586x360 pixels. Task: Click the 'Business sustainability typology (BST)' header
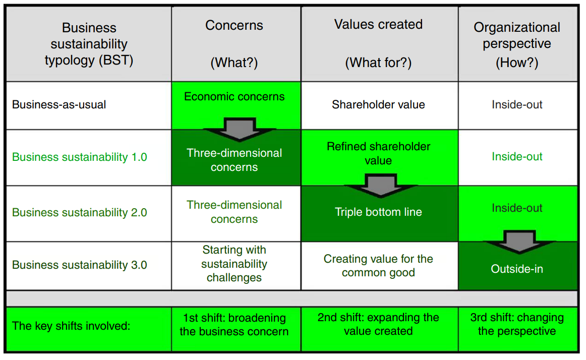coord(89,44)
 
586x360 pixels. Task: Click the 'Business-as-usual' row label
coord(59,105)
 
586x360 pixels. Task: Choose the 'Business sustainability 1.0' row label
coord(79,157)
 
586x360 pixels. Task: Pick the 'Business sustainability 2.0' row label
coord(79,212)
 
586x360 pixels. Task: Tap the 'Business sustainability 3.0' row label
coord(79,265)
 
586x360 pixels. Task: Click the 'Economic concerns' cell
coord(234,97)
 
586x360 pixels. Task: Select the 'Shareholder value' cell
coord(378,105)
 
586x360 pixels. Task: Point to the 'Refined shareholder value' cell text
coord(378,153)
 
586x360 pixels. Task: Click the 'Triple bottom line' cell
coord(378,212)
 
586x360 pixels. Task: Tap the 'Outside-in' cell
coord(517,269)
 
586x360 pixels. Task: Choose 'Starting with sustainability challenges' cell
coord(234,264)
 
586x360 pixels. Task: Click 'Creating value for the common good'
coord(378,266)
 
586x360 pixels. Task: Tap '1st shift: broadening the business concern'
coord(234,325)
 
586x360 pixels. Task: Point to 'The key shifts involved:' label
coord(71,326)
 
